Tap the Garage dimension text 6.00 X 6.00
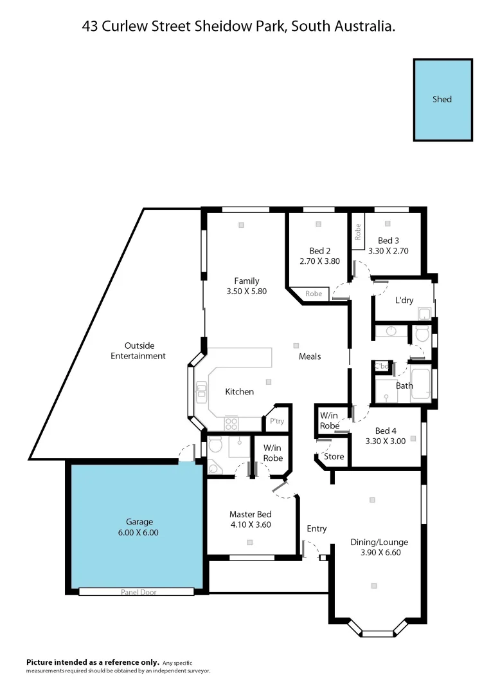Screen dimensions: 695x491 (138, 532)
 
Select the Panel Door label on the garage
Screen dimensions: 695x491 (138, 592)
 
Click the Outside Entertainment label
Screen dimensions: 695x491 (138, 351)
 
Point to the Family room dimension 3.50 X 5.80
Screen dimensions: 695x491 (246, 291)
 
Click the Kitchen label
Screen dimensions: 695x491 (239, 391)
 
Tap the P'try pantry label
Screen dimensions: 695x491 (276, 422)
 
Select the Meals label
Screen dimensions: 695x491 (310, 357)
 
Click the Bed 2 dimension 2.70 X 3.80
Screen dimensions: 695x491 (319, 261)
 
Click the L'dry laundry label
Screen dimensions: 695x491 (404, 300)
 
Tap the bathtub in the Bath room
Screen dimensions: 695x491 (422, 384)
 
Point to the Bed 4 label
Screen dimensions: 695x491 (385, 431)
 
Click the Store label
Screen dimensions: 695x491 (334, 456)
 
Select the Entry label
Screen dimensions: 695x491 (316, 528)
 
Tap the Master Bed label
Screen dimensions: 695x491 (250, 514)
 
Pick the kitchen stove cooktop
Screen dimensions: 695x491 (231, 423)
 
